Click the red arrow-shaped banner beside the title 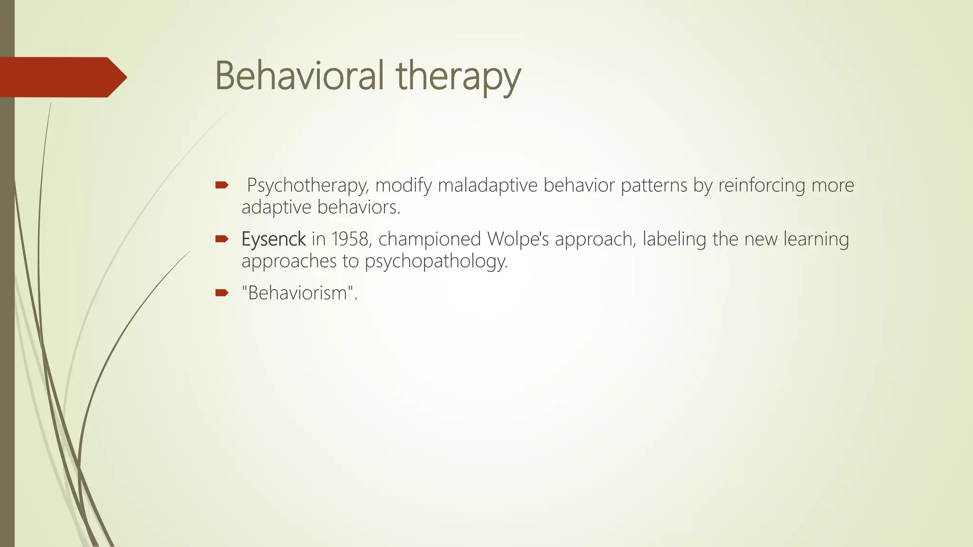coord(62,77)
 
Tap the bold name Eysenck coord(273,239)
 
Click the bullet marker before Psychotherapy coord(222,185)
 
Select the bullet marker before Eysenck coord(222,239)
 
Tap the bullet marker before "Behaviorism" coord(222,293)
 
